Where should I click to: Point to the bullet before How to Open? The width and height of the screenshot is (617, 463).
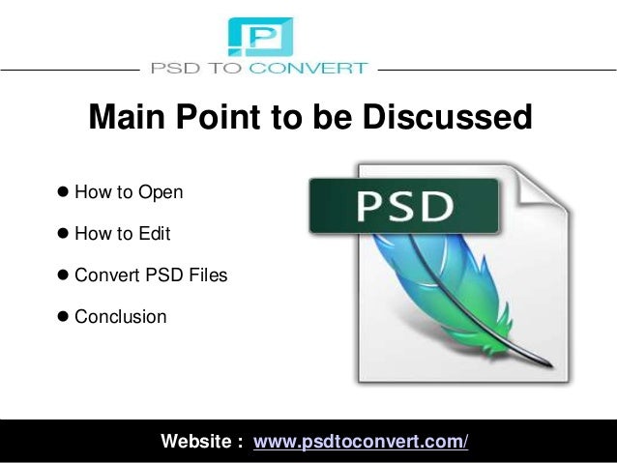63,192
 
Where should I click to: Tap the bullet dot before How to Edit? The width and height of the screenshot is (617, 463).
63,234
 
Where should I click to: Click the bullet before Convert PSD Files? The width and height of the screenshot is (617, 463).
63,275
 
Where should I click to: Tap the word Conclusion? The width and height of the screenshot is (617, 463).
121,317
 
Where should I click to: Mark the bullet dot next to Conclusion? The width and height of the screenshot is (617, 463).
63,317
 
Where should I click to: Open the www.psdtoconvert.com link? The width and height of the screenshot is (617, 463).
361,443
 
